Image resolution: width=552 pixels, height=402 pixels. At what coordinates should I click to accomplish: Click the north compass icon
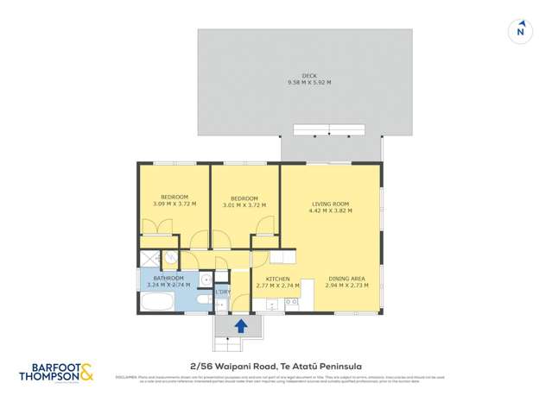[520, 31]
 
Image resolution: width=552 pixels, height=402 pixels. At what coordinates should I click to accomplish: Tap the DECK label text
[309, 76]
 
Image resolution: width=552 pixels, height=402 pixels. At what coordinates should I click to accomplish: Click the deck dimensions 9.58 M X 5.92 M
[309, 83]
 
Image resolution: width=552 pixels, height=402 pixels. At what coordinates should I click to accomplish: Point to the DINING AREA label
[346, 279]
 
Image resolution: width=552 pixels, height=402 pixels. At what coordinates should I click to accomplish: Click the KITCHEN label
[277, 279]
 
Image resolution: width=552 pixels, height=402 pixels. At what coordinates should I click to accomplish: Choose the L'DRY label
[223, 292]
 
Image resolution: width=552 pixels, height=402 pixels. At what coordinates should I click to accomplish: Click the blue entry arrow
[242, 326]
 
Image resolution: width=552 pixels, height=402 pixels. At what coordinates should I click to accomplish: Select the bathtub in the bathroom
[158, 301]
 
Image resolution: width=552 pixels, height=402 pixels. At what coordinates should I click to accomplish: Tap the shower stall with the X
[150, 258]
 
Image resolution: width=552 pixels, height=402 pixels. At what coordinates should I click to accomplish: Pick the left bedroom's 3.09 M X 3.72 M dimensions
[174, 204]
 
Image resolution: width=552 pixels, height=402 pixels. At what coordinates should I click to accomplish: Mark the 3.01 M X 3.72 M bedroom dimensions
[244, 205]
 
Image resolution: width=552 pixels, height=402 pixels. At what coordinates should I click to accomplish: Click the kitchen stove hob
[291, 302]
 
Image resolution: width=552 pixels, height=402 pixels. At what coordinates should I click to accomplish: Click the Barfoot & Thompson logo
[57, 373]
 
